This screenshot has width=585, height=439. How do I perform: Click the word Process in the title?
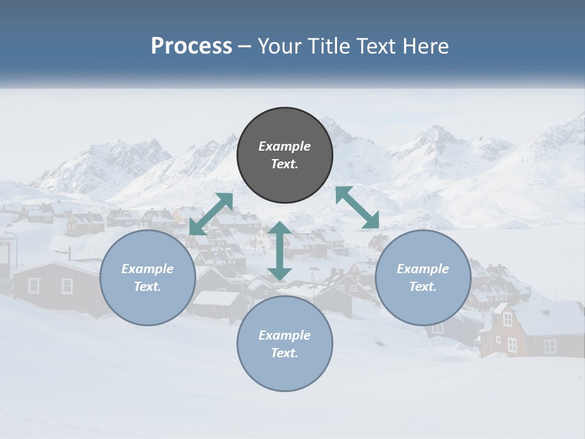pyautogui.click(x=191, y=46)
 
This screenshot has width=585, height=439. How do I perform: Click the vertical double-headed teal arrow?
pyautogui.click(x=280, y=251)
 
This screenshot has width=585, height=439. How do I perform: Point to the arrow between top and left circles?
pyautogui.click(x=211, y=213)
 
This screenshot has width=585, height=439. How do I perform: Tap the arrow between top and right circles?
pyautogui.click(x=358, y=207)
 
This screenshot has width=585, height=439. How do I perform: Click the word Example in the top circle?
pyautogui.click(x=285, y=146)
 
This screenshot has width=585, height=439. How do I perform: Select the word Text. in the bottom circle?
pyautogui.click(x=285, y=353)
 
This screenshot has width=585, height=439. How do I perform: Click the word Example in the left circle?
pyautogui.click(x=147, y=269)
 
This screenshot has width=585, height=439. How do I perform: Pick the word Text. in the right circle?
pyautogui.click(x=423, y=287)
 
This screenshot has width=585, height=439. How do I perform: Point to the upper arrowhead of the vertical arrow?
pyautogui.click(x=280, y=229)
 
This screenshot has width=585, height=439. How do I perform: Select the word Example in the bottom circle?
pyautogui.click(x=285, y=335)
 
